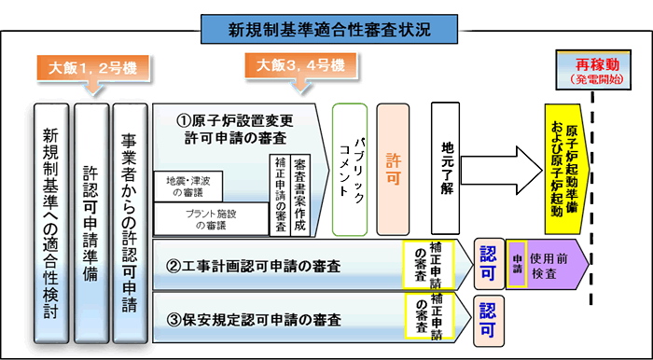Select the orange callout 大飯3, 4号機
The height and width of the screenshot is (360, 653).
[x=300, y=67]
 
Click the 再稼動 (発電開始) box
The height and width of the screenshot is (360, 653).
[x=594, y=72]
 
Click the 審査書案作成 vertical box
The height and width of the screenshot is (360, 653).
[x=301, y=194]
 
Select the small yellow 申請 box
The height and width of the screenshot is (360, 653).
[x=518, y=265]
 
